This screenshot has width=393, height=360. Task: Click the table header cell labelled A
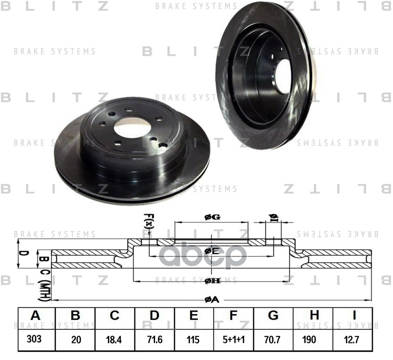[36, 316]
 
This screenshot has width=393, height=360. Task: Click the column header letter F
[233, 316]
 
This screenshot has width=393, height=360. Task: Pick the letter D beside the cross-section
[25, 253]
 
